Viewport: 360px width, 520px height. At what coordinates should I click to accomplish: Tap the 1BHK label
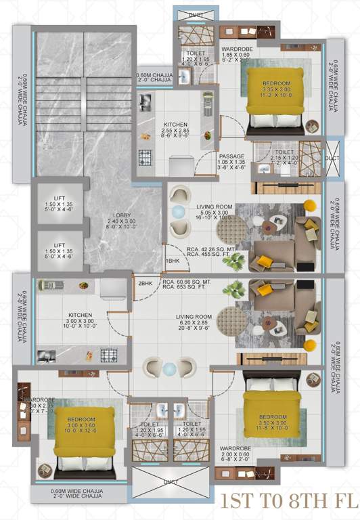[173, 261]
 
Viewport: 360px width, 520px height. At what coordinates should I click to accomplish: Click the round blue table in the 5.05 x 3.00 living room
[177, 212]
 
